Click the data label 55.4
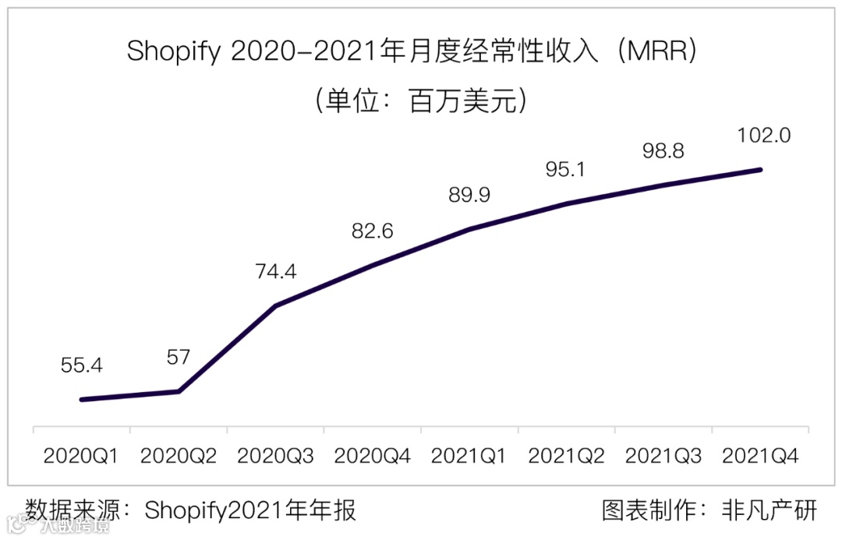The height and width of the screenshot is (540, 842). click(x=82, y=365)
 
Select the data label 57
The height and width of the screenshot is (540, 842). click(x=179, y=357)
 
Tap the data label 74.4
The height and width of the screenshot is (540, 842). click(x=276, y=271)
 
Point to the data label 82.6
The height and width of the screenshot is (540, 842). click(x=373, y=231)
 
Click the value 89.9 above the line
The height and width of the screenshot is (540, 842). click(x=469, y=195)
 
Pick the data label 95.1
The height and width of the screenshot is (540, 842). click(x=566, y=169)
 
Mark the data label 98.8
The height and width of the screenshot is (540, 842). click(x=663, y=150)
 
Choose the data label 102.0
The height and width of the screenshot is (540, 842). click(x=764, y=135)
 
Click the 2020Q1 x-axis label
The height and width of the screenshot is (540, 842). click(x=81, y=456)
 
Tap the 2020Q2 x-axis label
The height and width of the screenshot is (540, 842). click(x=179, y=456)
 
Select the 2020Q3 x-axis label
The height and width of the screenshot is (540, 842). click(x=275, y=456)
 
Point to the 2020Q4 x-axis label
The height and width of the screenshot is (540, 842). click(x=373, y=456)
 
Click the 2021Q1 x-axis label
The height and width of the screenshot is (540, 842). click(x=469, y=456)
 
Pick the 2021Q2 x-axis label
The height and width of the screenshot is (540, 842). click(x=566, y=456)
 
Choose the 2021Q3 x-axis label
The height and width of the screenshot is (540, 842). click(x=663, y=456)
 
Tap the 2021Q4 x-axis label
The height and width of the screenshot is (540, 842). click(x=760, y=456)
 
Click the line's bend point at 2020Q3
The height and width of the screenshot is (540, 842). click(x=276, y=305)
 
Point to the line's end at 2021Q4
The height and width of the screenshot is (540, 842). click(x=759, y=169)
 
